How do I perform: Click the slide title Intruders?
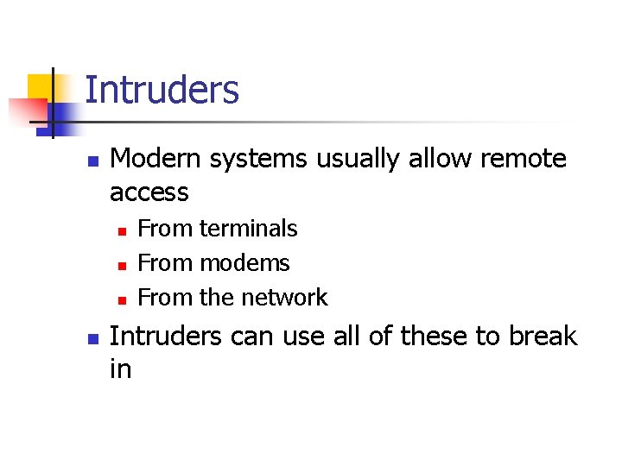[162, 90]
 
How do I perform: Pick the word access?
[149, 192]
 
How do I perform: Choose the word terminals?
[248, 229]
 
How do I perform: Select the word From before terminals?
[166, 229]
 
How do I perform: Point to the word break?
[543, 335]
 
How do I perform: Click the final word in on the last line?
[120, 368]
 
